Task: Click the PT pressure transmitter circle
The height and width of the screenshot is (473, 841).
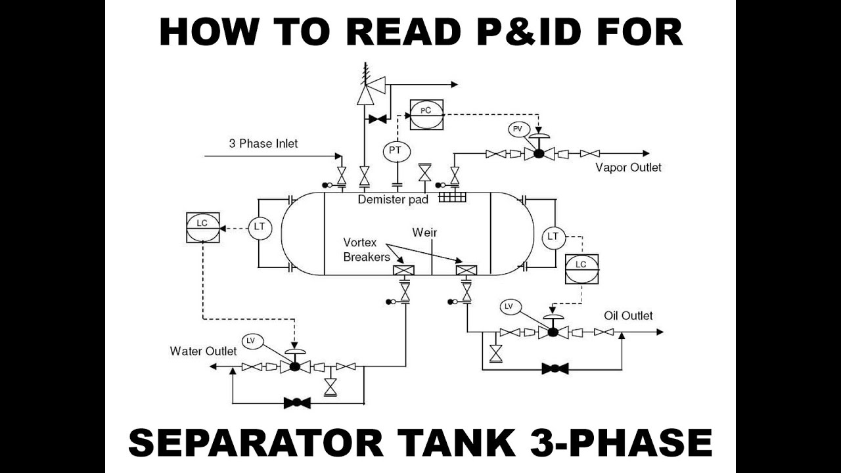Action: pos(395,150)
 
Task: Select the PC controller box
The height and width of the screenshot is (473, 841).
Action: pos(426,114)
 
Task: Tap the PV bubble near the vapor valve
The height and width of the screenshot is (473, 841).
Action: pos(518,129)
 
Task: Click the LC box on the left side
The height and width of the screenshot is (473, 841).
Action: pos(202,227)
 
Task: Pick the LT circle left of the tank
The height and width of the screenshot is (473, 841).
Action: pos(260,227)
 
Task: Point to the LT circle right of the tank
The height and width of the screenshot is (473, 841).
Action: pos(553,236)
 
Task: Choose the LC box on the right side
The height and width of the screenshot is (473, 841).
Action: pos(581,268)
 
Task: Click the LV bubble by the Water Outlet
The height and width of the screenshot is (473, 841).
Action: pos(250,341)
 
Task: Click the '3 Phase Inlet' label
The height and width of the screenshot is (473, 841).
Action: pos(263,143)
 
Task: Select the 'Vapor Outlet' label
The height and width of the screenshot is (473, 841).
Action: pos(628,168)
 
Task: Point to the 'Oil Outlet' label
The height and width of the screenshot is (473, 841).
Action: pos(628,316)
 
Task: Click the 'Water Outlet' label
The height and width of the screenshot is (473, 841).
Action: pos(203,351)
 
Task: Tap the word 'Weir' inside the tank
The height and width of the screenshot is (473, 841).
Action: pos(424,233)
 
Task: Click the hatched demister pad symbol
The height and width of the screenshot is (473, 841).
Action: pos(452,196)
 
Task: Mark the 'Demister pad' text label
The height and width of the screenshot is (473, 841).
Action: pos(393,199)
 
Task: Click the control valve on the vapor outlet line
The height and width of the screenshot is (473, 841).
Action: pos(539,153)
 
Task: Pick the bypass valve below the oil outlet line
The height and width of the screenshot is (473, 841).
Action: pos(555,369)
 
